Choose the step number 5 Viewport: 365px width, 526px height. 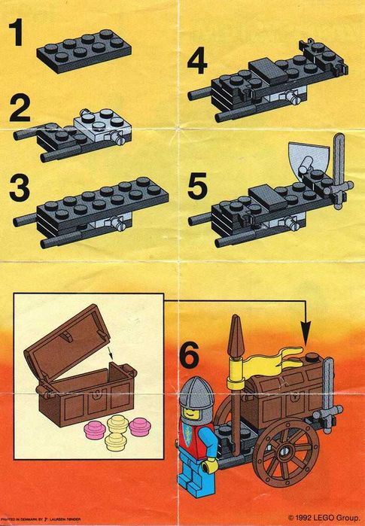199,184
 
